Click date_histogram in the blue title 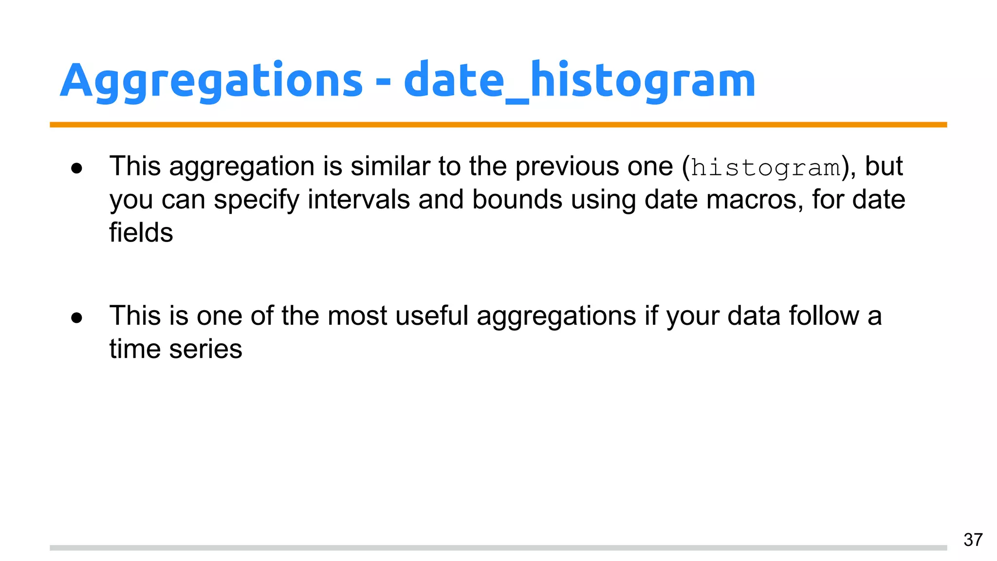pyautogui.click(x=579, y=80)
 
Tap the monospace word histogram pyautogui.click(x=766, y=168)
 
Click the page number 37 pyautogui.click(x=973, y=540)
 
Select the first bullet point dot pyautogui.click(x=76, y=168)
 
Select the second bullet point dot pyautogui.click(x=76, y=318)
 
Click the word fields pyautogui.click(x=141, y=233)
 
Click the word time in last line pyautogui.click(x=135, y=349)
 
